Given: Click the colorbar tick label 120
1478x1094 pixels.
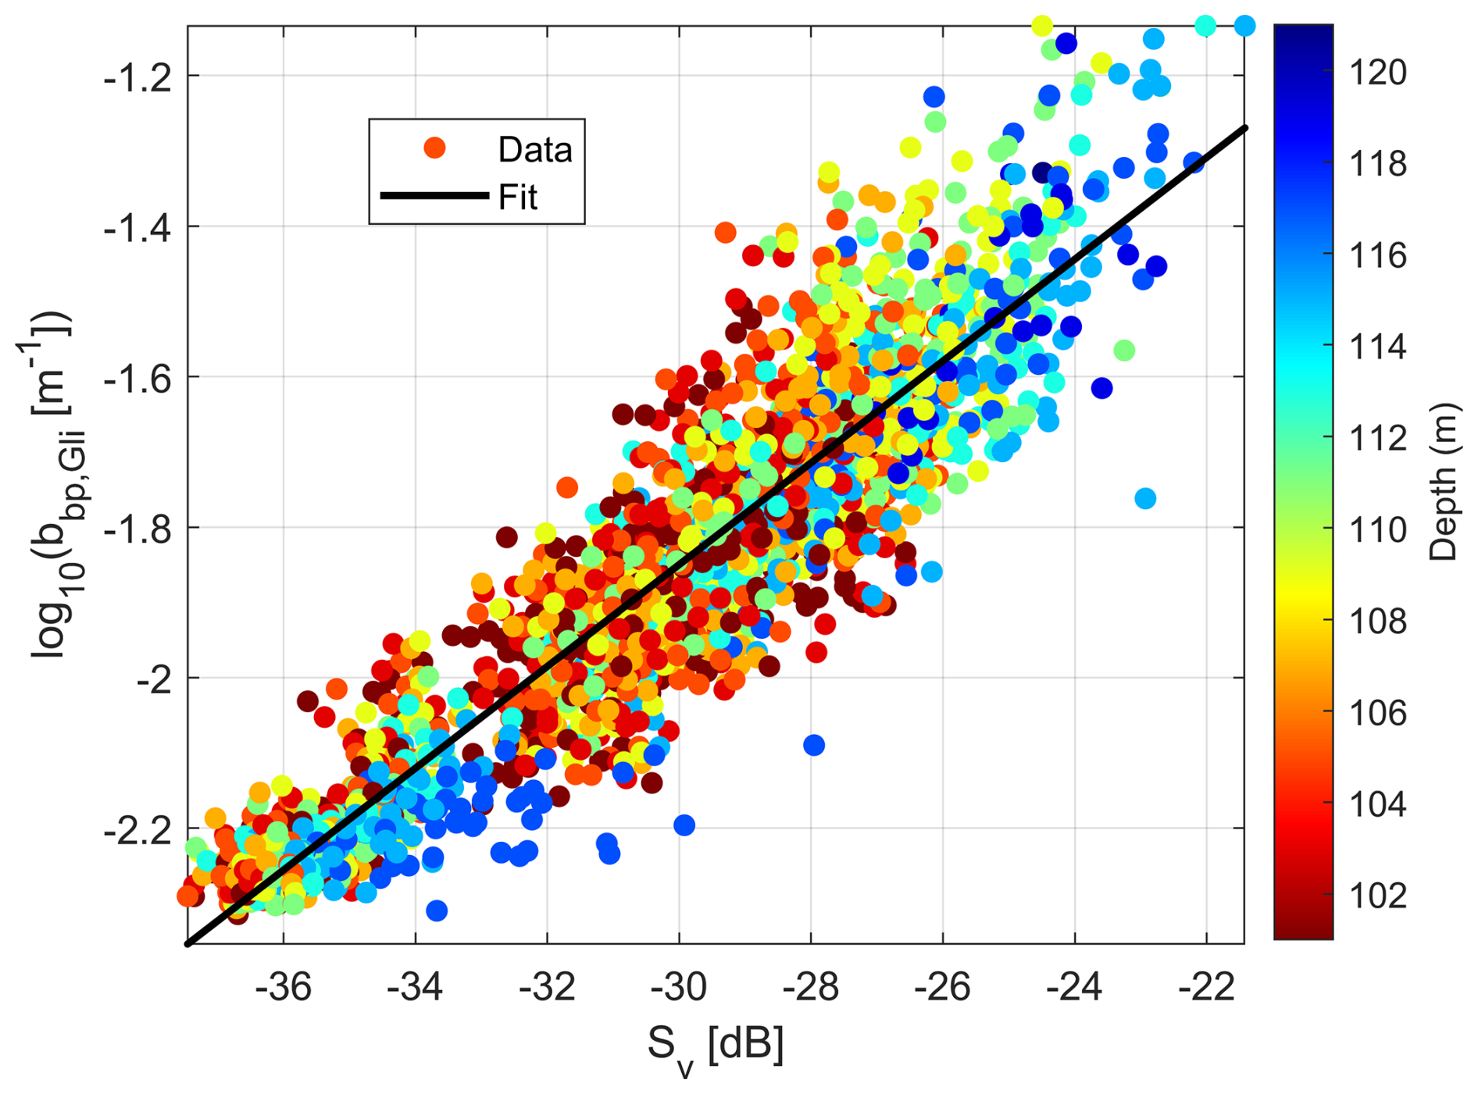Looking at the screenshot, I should tap(1378, 73).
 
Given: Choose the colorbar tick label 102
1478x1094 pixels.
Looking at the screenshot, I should tap(1378, 895).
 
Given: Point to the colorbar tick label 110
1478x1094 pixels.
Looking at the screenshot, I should tap(1378, 530).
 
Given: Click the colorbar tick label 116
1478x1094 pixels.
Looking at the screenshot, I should tap(1378, 255).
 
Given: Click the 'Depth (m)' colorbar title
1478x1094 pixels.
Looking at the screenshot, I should tap(1444, 482).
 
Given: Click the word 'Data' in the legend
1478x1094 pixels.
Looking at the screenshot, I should tap(535, 149).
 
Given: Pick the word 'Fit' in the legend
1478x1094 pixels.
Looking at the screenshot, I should tap(517, 197).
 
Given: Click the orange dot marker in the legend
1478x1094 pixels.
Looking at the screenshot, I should tap(434, 148).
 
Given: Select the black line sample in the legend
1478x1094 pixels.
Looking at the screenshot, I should tap(434, 195).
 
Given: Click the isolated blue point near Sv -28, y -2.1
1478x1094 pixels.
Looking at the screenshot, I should tap(814, 745).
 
